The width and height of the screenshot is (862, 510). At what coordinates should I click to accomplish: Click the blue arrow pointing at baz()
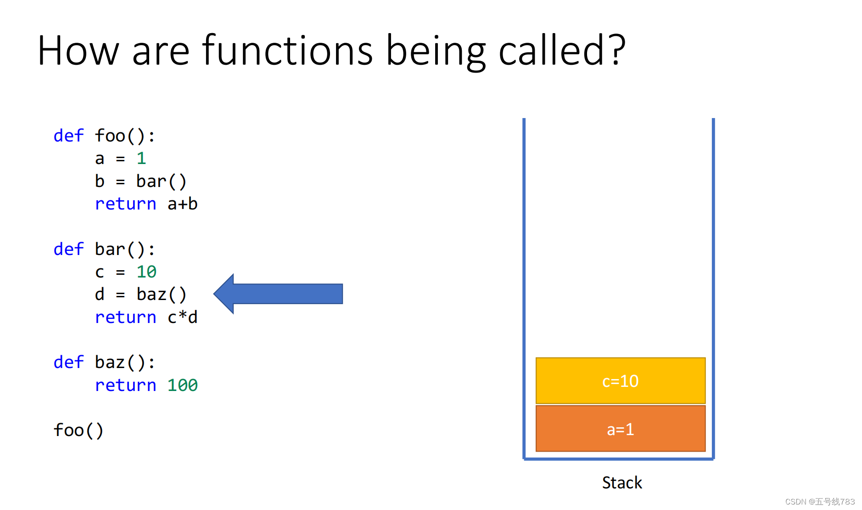pos(278,294)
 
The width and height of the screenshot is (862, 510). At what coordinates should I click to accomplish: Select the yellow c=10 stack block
pos(621,380)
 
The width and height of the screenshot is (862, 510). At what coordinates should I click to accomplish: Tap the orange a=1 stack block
pos(621,429)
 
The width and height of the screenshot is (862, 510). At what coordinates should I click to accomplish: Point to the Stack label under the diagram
pos(622,482)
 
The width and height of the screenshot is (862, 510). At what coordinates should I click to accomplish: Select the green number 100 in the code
pos(182,385)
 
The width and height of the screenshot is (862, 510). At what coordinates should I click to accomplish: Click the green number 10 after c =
pos(146,272)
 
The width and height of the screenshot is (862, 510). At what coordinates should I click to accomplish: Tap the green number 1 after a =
pos(141,159)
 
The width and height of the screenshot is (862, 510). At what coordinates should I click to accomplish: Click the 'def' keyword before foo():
pos(69,136)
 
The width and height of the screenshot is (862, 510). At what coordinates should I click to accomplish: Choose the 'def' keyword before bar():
pos(69,249)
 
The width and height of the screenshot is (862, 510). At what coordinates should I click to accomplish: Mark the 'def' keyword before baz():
pos(69,362)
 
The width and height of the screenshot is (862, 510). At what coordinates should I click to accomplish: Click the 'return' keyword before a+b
pos(126,204)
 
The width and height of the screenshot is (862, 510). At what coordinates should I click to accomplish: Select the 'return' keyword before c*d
pos(126,317)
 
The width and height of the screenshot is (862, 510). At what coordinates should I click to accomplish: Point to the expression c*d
pos(183,317)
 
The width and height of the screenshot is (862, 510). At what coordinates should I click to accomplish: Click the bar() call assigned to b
pos(162,181)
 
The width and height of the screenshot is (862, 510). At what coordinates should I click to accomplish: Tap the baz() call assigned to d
pos(162,294)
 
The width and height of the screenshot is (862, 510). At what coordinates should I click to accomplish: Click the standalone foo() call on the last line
pos(78,431)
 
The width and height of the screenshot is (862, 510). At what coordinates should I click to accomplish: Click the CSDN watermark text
pos(820,501)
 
